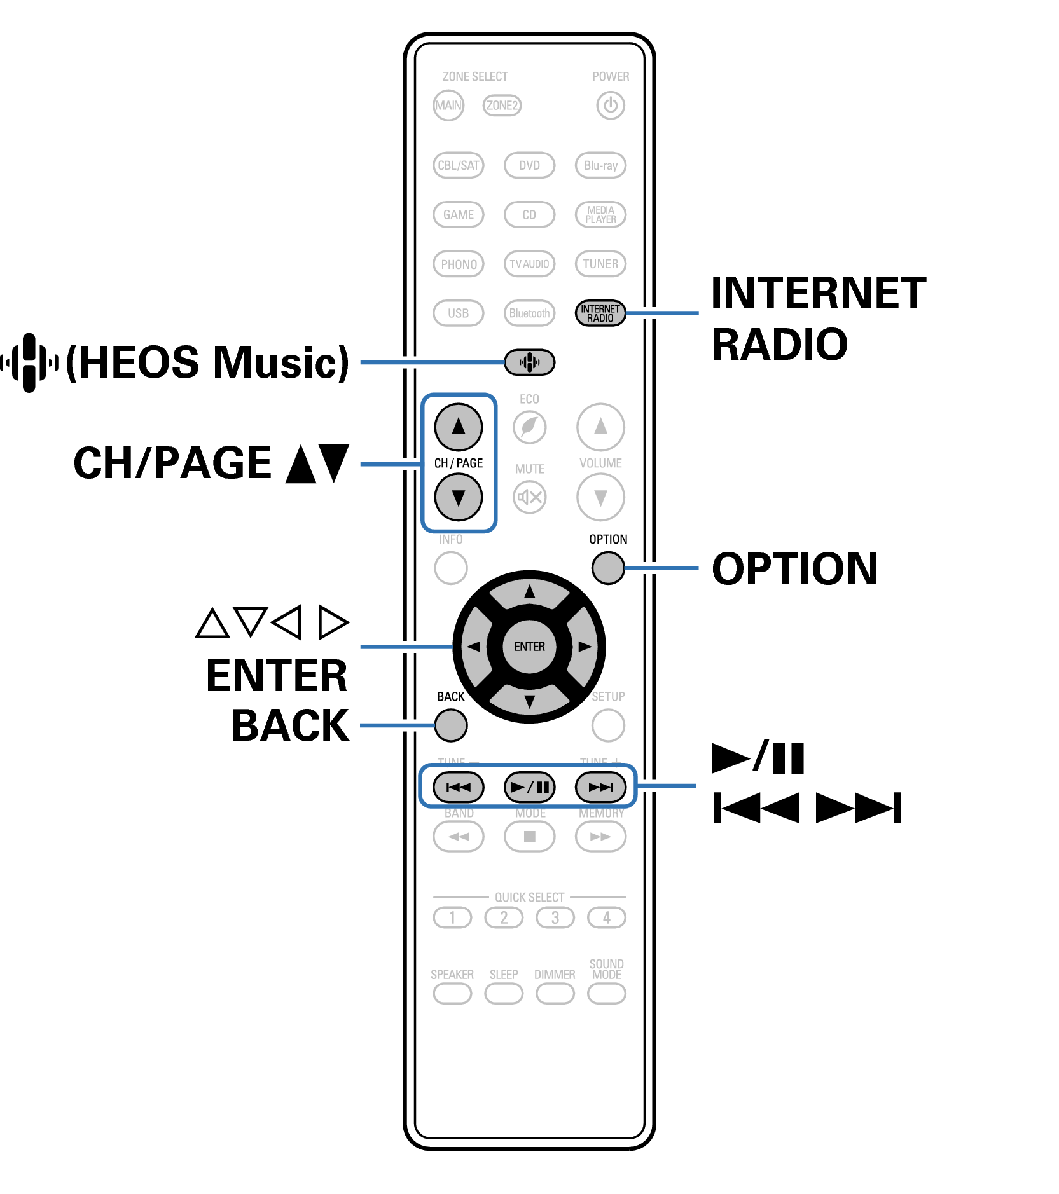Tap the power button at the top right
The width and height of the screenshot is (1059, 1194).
point(610,106)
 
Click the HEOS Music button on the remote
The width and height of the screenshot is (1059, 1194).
point(529,362)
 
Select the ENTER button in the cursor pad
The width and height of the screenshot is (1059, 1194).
point(529,647)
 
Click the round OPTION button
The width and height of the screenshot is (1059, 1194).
point(607,568)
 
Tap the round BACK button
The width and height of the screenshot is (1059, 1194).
point(451,725)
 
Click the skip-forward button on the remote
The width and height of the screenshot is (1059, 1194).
point(600,787)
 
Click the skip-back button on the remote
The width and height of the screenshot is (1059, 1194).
point(458,787)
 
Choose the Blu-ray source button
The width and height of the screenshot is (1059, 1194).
point(600,165)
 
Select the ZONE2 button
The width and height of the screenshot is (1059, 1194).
point(502,106)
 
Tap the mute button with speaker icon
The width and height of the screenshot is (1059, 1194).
point(529,497)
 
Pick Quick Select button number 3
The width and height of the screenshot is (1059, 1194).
point(555,917)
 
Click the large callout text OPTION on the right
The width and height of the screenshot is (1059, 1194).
point(794,568)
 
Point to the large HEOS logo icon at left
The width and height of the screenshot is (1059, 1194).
point(29,362)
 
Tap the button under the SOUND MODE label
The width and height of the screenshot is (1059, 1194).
point(606,993)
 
